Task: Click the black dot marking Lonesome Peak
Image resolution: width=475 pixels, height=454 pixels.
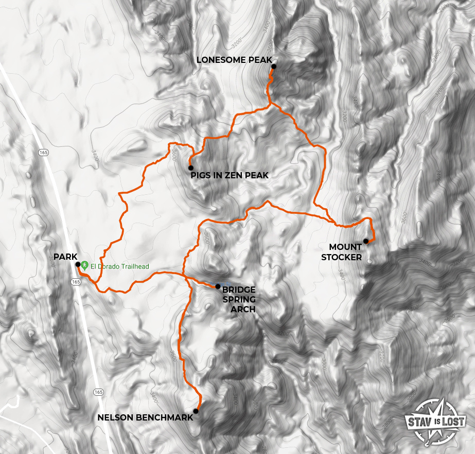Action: (x=274, y=66)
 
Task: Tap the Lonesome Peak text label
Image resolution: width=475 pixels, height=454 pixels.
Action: (x=234, y=60)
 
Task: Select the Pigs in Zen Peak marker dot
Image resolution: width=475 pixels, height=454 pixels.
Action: (x=190, y=167)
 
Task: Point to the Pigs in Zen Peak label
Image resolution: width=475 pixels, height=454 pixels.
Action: (x=230, y=176)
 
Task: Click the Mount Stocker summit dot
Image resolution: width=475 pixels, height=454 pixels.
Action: (x=365, y=241)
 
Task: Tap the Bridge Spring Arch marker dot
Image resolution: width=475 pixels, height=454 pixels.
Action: (x=218, y=286)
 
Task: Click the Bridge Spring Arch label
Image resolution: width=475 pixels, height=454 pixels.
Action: (x=239, y=299)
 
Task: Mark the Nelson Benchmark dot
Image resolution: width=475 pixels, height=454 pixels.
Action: (x=196, y=411)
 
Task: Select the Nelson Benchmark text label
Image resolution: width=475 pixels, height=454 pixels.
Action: (x=145, y=417)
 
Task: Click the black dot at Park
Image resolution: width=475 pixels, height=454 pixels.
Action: (x=78, y=264)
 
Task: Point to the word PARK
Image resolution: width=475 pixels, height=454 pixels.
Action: (x=65, y=257)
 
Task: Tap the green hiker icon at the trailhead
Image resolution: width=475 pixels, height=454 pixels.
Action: (x=85, y=266)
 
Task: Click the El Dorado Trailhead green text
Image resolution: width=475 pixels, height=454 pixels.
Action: (x=120, y=266)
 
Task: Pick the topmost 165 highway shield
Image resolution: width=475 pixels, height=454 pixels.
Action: (x=43, y=152)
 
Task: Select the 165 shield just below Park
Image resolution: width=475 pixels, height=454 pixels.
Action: (x=76, y=282)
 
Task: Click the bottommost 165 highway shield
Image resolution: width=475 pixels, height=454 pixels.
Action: (x=99, y=392)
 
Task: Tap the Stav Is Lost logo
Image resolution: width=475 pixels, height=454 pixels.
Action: (x=435, y=421)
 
